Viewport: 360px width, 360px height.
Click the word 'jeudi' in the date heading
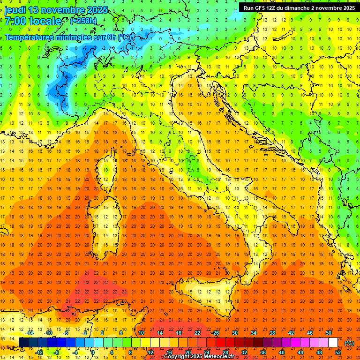[15, 10]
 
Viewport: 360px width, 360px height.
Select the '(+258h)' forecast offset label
[83, 21]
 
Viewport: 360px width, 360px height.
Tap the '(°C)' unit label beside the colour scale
[349, 343]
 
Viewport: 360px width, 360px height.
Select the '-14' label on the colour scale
[30, 333]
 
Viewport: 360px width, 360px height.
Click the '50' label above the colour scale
[328, 333]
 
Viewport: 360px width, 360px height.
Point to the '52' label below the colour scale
[337, 352]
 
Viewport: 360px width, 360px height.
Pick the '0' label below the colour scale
[93, 352]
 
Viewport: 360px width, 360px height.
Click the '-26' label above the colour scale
[215, 333]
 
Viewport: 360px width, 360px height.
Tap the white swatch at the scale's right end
[333, 343]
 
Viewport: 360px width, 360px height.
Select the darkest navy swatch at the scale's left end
[23, 343]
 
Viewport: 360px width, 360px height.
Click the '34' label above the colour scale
[253, 333]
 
